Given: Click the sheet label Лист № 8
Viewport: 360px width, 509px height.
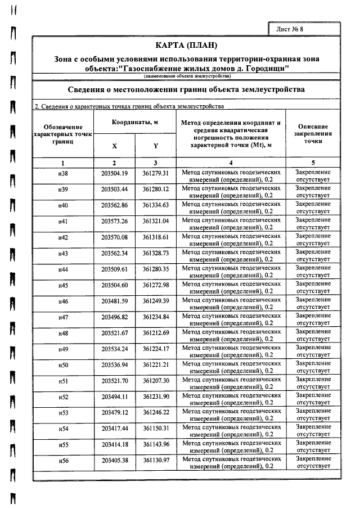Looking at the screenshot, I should (290, 28).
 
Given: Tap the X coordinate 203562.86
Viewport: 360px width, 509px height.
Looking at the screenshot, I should (115, 205).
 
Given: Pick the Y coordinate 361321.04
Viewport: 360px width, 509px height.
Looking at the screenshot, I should (156, 221).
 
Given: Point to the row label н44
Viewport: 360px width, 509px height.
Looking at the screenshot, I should (63, 269).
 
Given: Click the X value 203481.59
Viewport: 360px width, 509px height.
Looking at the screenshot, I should (115, 301).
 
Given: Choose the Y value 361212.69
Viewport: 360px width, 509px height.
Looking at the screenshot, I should (156, 334).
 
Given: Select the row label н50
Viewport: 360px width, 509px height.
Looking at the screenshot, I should (63, 366).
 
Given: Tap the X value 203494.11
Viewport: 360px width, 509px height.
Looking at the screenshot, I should (115, 397).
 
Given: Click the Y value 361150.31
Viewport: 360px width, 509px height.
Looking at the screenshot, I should (156, 429).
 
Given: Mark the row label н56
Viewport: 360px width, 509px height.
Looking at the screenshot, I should (63, 461).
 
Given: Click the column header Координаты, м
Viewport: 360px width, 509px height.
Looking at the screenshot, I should (135, 121).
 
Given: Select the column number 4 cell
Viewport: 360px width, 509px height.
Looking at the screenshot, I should (231, 163).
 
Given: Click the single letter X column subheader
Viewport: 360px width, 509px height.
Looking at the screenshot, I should (115, 146).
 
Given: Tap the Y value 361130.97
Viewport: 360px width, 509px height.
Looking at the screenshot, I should (156, 461).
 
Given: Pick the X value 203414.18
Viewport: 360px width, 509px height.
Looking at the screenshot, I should (115, 445).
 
